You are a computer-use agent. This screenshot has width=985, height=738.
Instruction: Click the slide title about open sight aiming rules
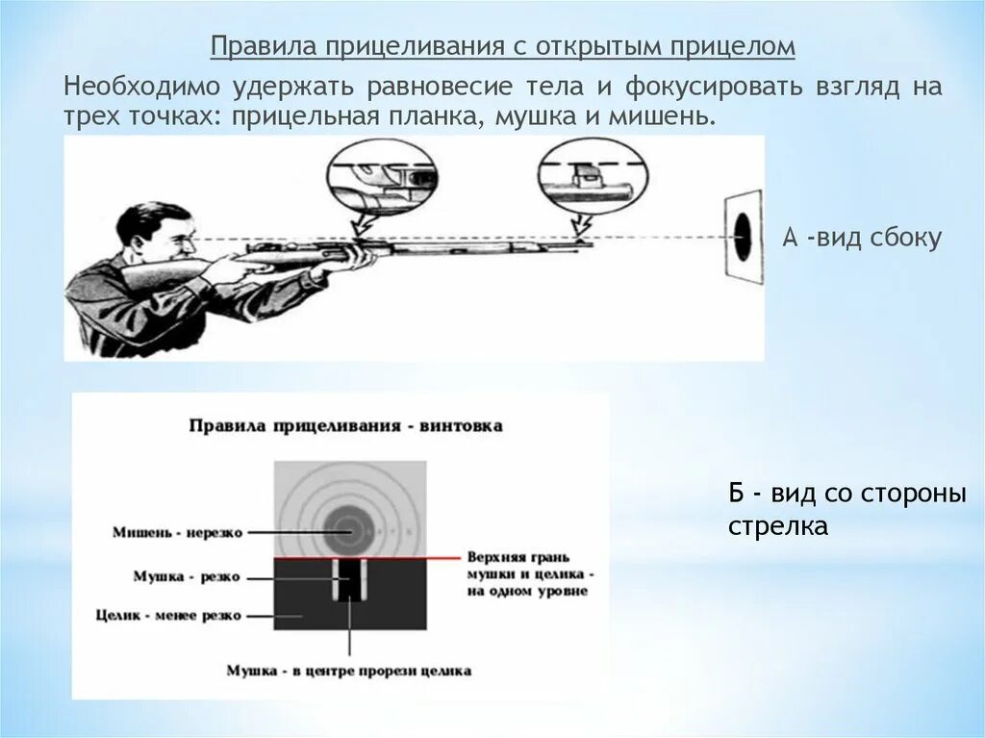tap(503, 47)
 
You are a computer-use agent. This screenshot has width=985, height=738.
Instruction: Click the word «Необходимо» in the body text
tap(140, 88)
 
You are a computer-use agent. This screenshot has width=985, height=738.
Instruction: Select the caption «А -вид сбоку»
tap(861, 239)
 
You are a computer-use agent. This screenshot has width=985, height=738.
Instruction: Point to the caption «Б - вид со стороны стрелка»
tap(846, 510)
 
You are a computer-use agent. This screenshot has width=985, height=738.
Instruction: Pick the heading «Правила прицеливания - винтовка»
tap(345, 425)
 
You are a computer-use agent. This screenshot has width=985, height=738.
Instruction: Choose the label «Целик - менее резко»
tap(169, 615)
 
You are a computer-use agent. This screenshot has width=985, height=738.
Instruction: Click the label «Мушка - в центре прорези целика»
tap(348, 671)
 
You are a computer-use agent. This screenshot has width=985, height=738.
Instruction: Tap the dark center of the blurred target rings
tap(343, 525)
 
